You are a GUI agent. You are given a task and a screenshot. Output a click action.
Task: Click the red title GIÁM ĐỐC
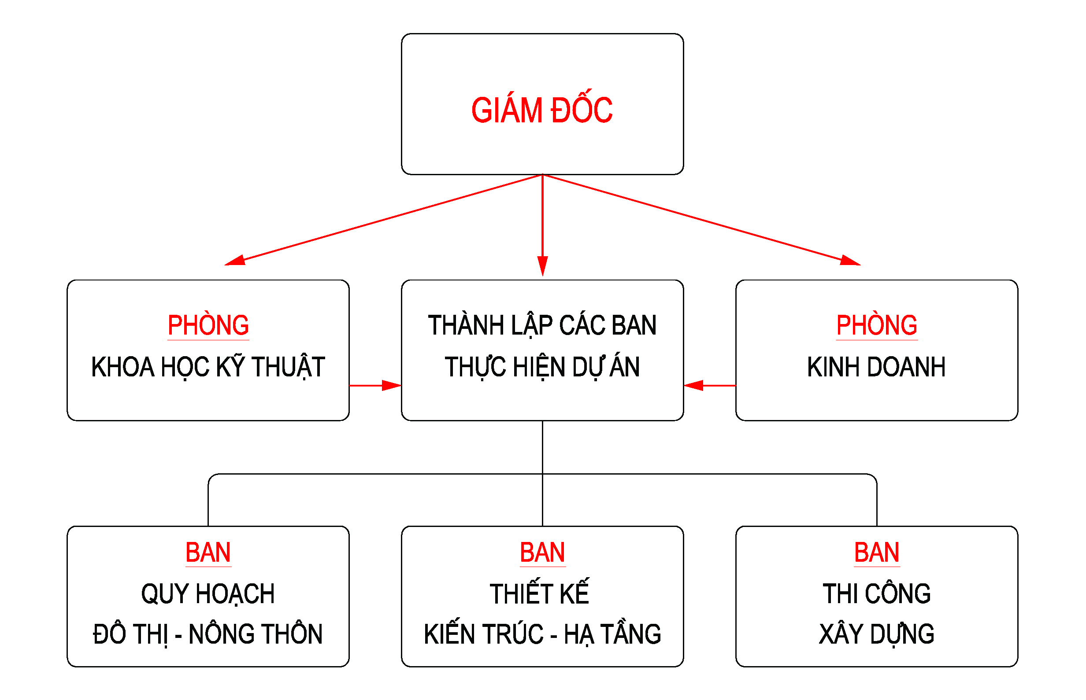coord(541,111)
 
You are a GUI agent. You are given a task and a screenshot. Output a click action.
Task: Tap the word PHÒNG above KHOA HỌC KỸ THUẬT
coord(208,325)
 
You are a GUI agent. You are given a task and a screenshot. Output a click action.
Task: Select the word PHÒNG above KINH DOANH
coord(876,325)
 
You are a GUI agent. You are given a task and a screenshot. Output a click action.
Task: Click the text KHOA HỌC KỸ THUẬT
coord(208,367)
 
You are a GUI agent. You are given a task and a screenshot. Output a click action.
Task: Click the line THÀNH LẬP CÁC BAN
coord(542,325)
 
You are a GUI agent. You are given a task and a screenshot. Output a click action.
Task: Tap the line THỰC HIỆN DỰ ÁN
coord(542,367)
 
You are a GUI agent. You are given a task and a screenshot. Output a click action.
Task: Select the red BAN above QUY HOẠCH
coord(208,553)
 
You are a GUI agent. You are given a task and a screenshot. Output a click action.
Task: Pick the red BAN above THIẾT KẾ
coord(542,553)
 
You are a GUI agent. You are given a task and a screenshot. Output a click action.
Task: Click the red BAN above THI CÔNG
coord(876,553)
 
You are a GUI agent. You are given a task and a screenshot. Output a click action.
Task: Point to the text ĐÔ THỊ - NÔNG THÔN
coord(208,634)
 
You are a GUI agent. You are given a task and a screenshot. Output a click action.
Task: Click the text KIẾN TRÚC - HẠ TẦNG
coord(542,634)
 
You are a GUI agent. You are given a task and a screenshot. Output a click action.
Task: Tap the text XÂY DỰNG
coord(876,634)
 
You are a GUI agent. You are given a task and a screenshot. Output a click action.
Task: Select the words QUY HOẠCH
coord(208,593)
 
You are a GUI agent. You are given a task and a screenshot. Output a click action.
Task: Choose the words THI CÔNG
coord(876,593)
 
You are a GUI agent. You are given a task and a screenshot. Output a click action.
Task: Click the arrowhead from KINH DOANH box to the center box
coord(693,386)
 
